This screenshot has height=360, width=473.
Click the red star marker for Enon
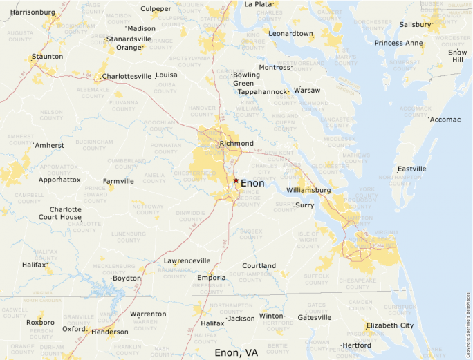tap(236, 180)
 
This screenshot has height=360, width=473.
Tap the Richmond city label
tap(236, 144)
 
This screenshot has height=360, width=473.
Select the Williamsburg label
tap(308, 190)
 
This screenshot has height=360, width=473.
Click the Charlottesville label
tap(127, 76)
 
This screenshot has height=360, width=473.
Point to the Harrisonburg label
tap(33, 12)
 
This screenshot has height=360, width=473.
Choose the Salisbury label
tap(415, 24)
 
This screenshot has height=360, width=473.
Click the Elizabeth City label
tap(390, 325)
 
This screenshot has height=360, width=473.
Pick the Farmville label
tap(118, 181)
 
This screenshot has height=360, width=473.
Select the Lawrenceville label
tap(187, 260)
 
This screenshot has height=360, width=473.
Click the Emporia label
tap(211, 278)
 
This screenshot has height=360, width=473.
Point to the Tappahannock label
tap(261, 91)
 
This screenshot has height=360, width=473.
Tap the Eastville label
tap(412, 169)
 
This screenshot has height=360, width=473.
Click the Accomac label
tap(445, 120)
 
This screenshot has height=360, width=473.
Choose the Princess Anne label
tap(398, 43)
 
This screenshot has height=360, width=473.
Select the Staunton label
tap(47, 56)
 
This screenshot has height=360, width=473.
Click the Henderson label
tap(109, 332)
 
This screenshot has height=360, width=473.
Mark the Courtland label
tap(259, 265)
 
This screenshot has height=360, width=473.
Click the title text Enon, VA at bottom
tap(236, 352)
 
